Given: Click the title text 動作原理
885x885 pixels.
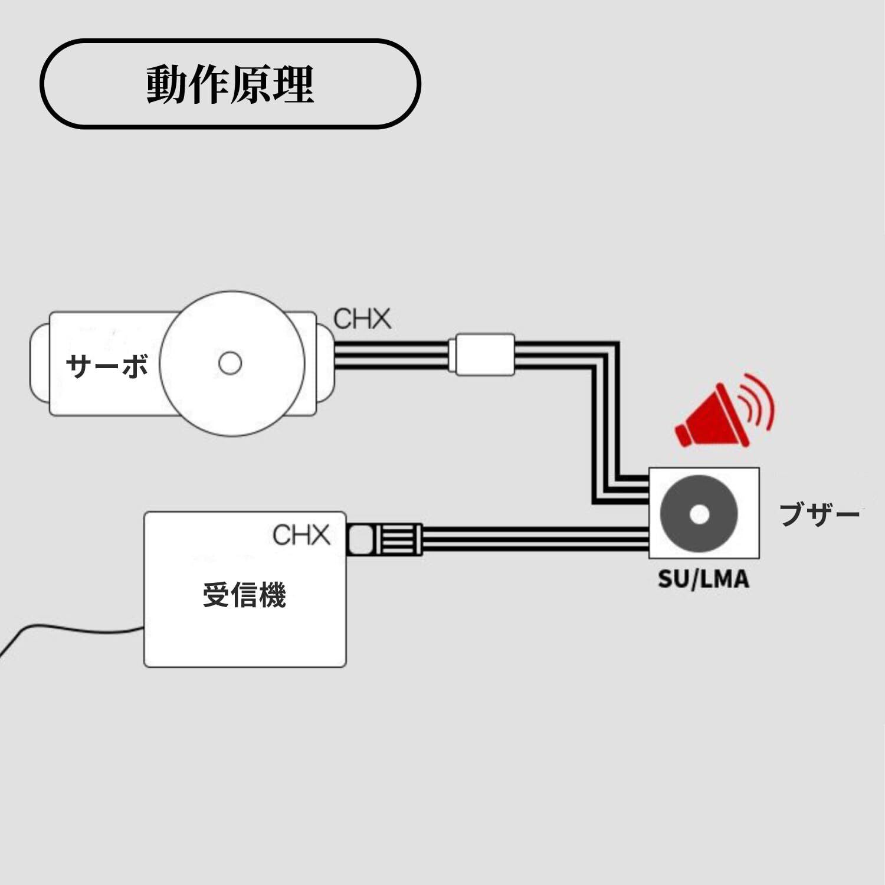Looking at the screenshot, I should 230,84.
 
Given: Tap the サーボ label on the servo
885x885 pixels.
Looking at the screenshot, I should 107,366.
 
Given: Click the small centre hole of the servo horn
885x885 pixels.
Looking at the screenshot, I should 230,363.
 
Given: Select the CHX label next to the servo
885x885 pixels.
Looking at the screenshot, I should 362,319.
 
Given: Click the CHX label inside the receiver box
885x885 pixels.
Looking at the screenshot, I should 301,535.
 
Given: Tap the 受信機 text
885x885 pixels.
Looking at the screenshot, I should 244,594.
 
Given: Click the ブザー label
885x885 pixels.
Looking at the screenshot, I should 819,515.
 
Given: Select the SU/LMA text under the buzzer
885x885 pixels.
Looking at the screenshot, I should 703,579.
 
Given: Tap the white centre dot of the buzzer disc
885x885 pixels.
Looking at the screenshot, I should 699,514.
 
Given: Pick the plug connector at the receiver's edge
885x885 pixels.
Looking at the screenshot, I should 383,539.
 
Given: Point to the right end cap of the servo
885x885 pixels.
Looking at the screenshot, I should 325,363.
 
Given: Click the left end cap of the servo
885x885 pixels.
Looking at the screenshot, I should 39,363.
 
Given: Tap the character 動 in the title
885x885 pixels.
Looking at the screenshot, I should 167,84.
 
